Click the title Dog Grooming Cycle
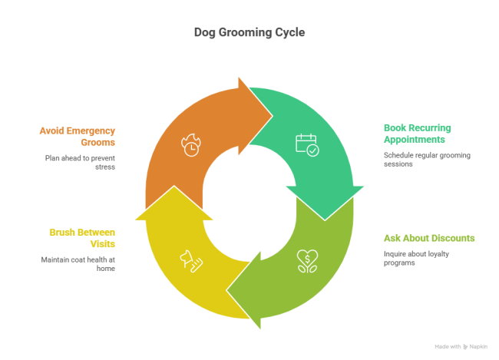pyautogui.click(x=249, y=34)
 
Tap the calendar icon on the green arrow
pyautogui.click(x=306, y=144)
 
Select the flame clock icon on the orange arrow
pyautogui.click(x=190, y=144)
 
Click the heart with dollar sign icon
pyautogui.click(x=307, y=261)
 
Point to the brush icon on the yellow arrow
pyautogui.click(x=191, y=261)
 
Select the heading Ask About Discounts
pyautogui.click(x=428, y=238)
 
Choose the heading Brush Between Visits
pyautogui.click(x=81, y=238)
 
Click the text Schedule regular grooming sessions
pyautogui.click(x=427, y=160)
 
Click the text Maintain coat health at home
pyautogui.click(x=78, y=264)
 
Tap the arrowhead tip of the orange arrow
pyautogui.click(x=272, y=116)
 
